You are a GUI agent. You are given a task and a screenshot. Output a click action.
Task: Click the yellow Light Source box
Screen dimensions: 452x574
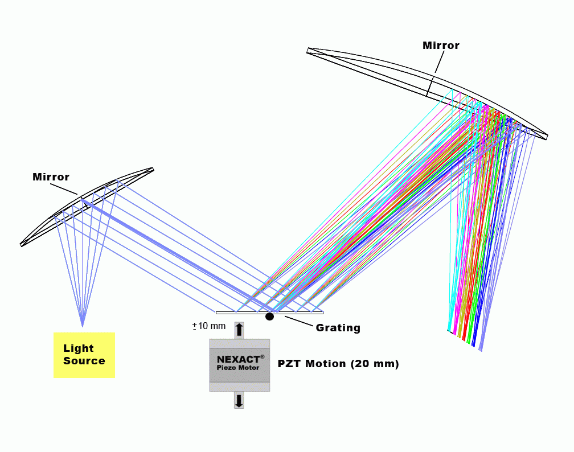tap(84, 355)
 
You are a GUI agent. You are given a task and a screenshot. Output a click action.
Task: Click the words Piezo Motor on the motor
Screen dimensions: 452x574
tap(238, 368)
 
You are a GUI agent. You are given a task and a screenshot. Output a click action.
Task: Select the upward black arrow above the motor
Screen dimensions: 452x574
tap(239, 330)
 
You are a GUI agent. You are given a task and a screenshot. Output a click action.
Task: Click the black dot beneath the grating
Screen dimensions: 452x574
tap(269, 317)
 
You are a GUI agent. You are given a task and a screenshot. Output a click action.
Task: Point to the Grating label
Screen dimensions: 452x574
tap(338, 328)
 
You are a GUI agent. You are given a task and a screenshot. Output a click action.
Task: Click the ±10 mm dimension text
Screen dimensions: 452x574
tap(209, 326)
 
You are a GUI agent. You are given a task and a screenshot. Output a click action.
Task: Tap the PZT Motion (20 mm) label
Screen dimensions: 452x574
tap(338, 364)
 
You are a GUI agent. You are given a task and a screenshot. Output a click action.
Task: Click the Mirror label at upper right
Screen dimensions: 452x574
tap(441, 46)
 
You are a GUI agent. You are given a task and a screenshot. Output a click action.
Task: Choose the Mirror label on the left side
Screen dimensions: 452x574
tap(51, 177)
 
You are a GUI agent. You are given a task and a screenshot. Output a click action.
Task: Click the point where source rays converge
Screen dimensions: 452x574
tap(83, 326)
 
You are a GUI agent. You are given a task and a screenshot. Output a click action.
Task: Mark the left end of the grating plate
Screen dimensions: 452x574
tap(217, 312)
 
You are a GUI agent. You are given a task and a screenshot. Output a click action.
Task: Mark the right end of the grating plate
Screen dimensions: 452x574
tap(322, 312)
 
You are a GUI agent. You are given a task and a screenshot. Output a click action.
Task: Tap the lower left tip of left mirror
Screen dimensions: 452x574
tap(21, 244)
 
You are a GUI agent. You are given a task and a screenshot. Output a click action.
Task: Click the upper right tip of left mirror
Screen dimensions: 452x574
tap(153, 169)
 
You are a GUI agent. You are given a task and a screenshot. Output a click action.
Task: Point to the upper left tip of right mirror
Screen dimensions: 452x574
tap(308, 50)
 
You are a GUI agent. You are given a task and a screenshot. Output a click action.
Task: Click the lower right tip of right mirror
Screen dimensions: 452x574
tap(547, 137)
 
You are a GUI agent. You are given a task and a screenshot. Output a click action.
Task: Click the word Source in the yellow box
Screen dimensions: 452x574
tap(84, 361)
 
